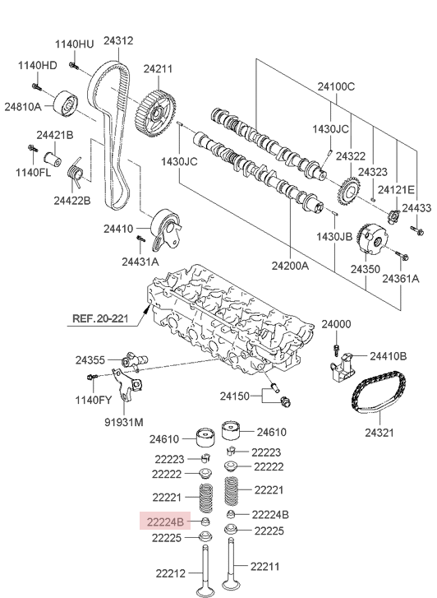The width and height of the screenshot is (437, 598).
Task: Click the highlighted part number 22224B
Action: coord(167,520)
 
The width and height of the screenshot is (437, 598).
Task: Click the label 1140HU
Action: coord(75,44)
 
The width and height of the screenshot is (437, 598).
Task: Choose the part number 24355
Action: coord(90,360)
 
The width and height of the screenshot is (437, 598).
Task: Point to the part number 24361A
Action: coord(400,278)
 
